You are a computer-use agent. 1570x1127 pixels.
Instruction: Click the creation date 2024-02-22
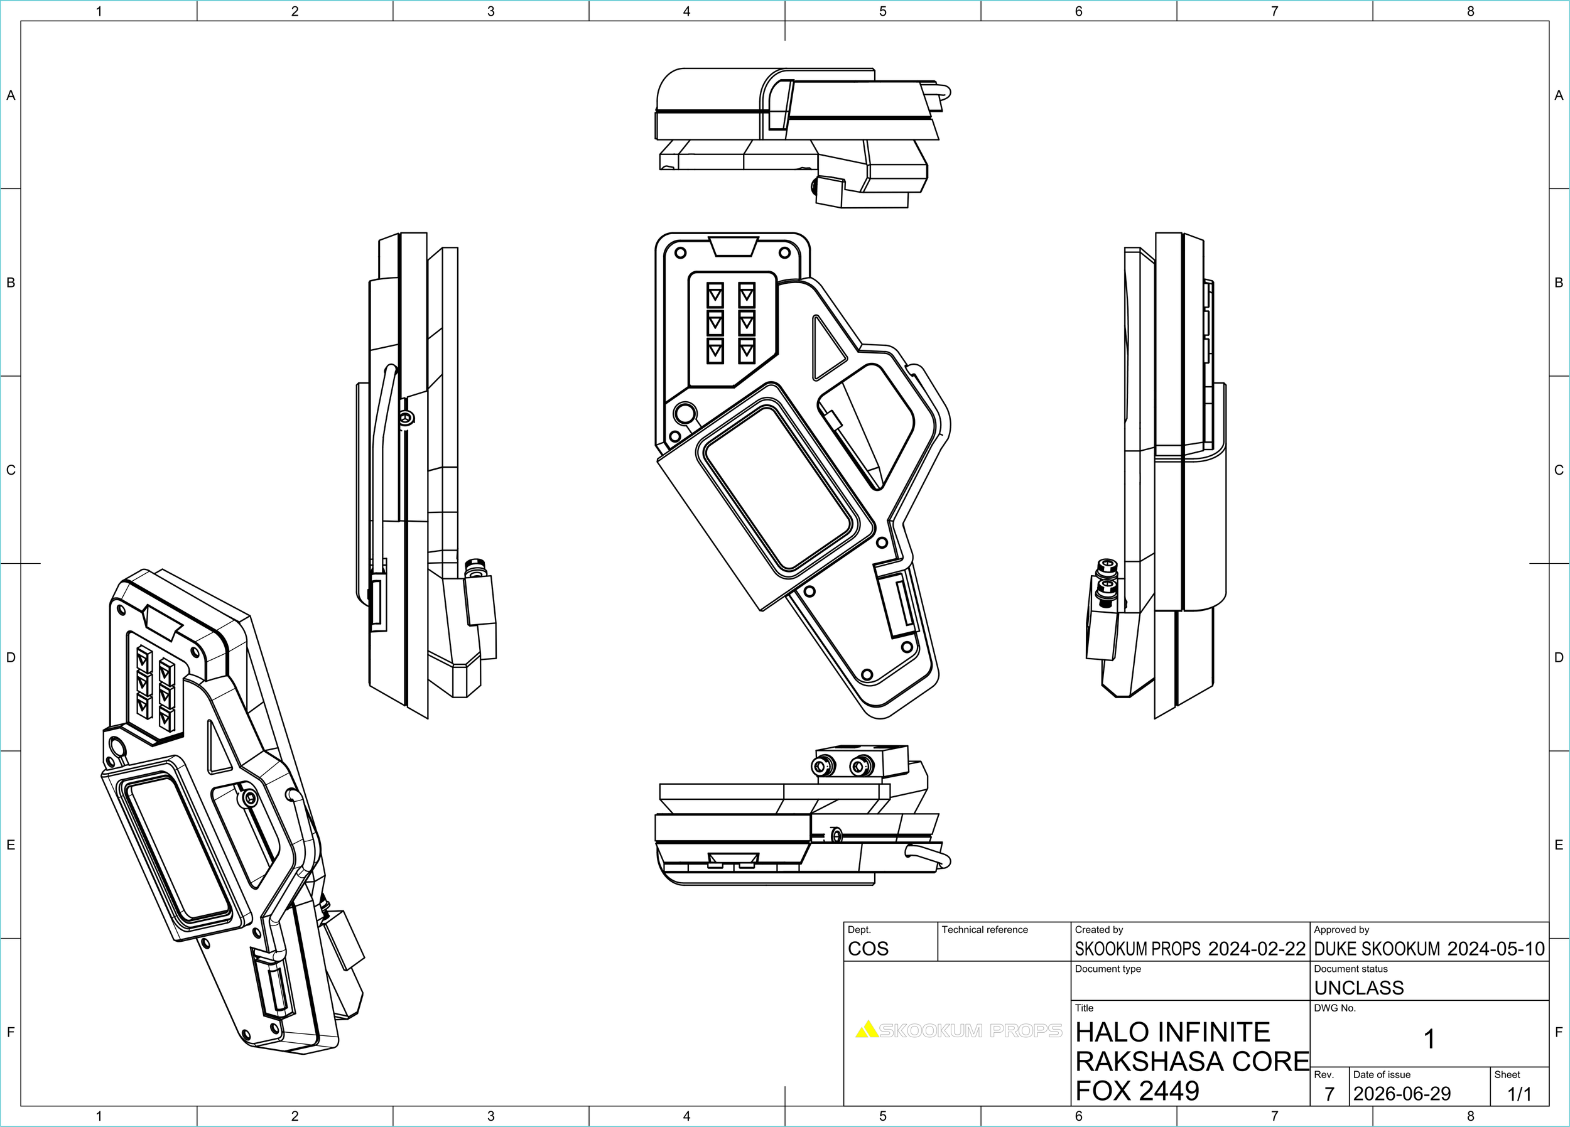[1257, 949]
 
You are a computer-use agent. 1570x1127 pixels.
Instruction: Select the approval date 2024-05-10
[1496, 949]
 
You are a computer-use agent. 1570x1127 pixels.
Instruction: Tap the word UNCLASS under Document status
[1359, 988]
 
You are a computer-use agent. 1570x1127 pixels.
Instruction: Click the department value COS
[868, 949]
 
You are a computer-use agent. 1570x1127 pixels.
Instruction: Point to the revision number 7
[1329, 1094]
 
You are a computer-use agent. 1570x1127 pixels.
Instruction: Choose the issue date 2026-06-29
[1402, 1094]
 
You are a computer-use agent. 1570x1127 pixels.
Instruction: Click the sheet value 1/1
[1520, 1094]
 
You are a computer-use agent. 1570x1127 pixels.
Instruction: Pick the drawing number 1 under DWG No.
[1429, 1039]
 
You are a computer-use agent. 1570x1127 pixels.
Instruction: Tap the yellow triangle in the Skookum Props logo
[867, 1030]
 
